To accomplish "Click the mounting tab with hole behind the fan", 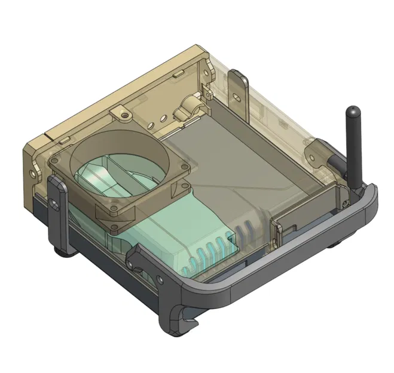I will pyautogui.click(x=122, y=112).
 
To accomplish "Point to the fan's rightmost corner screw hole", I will pyautogui.click(x=185, y=166).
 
